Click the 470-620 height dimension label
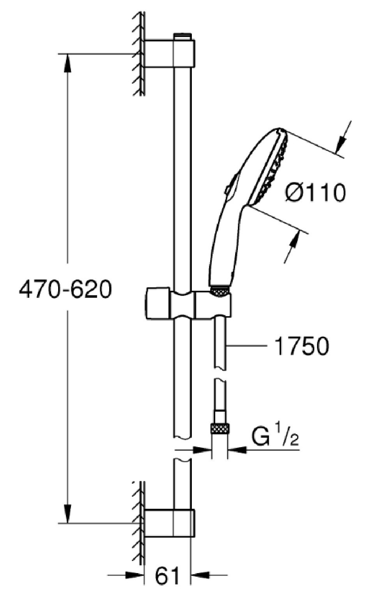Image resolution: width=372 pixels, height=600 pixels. [66, 290]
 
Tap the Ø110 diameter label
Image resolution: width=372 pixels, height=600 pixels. [315, 193]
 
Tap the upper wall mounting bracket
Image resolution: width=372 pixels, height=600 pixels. [169, 53]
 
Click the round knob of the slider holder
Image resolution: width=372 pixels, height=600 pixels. [158, 304]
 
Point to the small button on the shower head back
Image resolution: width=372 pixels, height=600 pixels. [230, 184]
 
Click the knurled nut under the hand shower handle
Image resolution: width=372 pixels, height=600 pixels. [220, 291]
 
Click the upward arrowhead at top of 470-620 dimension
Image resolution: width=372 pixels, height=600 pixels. [67, 63]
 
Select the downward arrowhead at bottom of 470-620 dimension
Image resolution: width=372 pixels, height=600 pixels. [67, 513]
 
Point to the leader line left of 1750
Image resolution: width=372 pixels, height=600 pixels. [247, 346]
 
